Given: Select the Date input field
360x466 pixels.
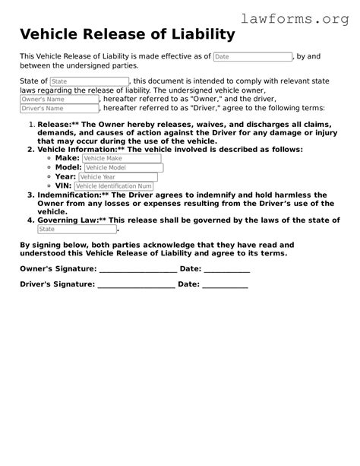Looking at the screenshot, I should (252, 57).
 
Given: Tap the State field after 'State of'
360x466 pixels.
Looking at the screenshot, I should (90, 81).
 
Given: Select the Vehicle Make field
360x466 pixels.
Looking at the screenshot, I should (122, 158).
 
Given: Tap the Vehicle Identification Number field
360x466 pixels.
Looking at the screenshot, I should (114, 185).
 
